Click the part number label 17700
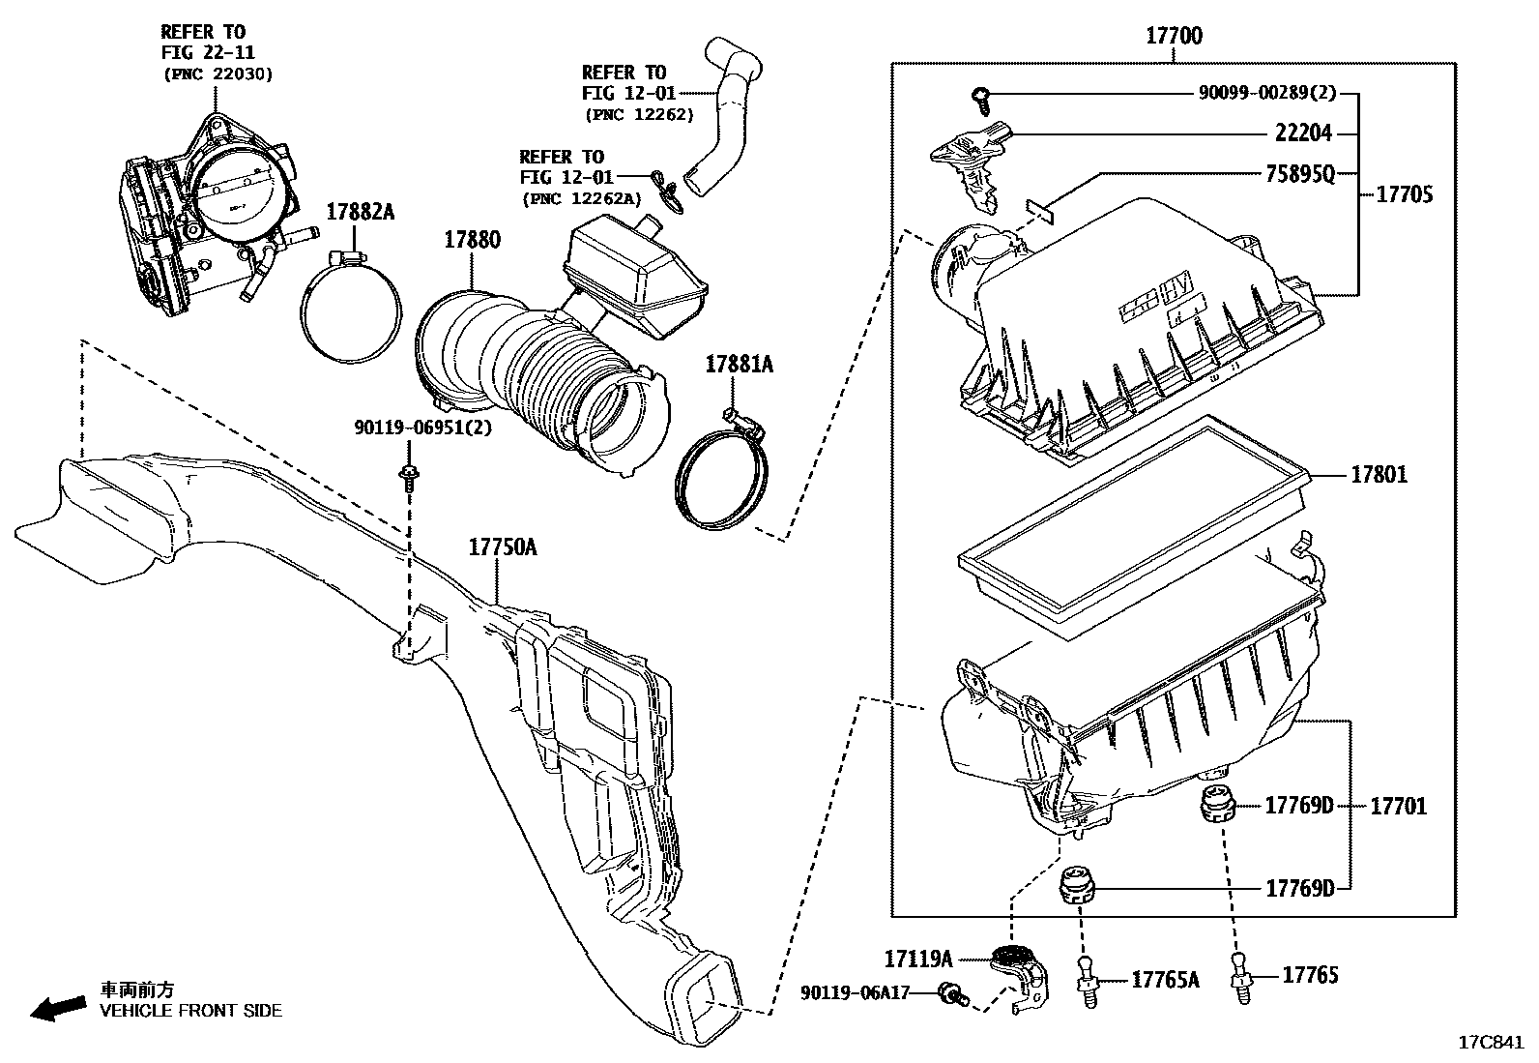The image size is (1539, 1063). point(1174,37)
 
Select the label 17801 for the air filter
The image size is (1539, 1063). point(1379,475)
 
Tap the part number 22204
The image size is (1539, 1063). point(1303,134)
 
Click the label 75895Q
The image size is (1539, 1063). point(1300,174)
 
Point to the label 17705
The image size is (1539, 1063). point(1404,194)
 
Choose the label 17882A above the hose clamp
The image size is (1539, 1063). point(360,213)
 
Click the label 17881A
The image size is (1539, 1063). point(739,365)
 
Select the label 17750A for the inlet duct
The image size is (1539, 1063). point(503,547)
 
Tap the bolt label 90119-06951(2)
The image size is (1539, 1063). point(422,428)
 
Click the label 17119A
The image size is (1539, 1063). point(917,959)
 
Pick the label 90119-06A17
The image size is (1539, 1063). point(855,992)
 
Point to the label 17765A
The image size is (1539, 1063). point(1165,981)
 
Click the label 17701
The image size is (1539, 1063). point(1398,806)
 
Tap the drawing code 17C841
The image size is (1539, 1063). point(1491,1043)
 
